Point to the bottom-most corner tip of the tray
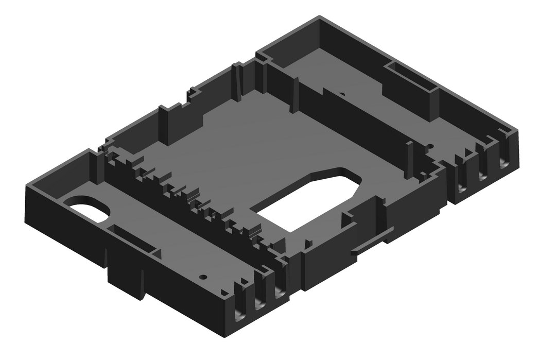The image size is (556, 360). coord(227,337)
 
